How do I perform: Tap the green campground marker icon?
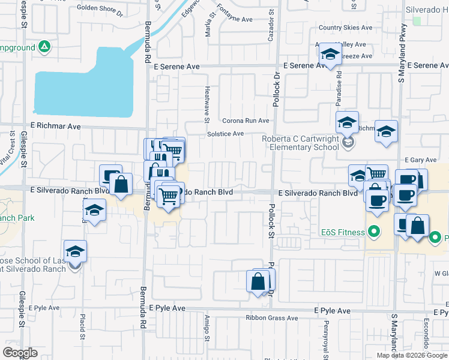point(44,46)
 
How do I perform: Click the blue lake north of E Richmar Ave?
point(84,84)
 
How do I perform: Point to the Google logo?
point(20,353)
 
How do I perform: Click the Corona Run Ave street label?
point(246,121)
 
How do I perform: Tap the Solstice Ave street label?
point(225,134)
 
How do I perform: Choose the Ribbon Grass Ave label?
point(271,318)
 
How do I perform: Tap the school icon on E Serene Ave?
point(330,56)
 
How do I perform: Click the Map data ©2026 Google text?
point(412,355)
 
